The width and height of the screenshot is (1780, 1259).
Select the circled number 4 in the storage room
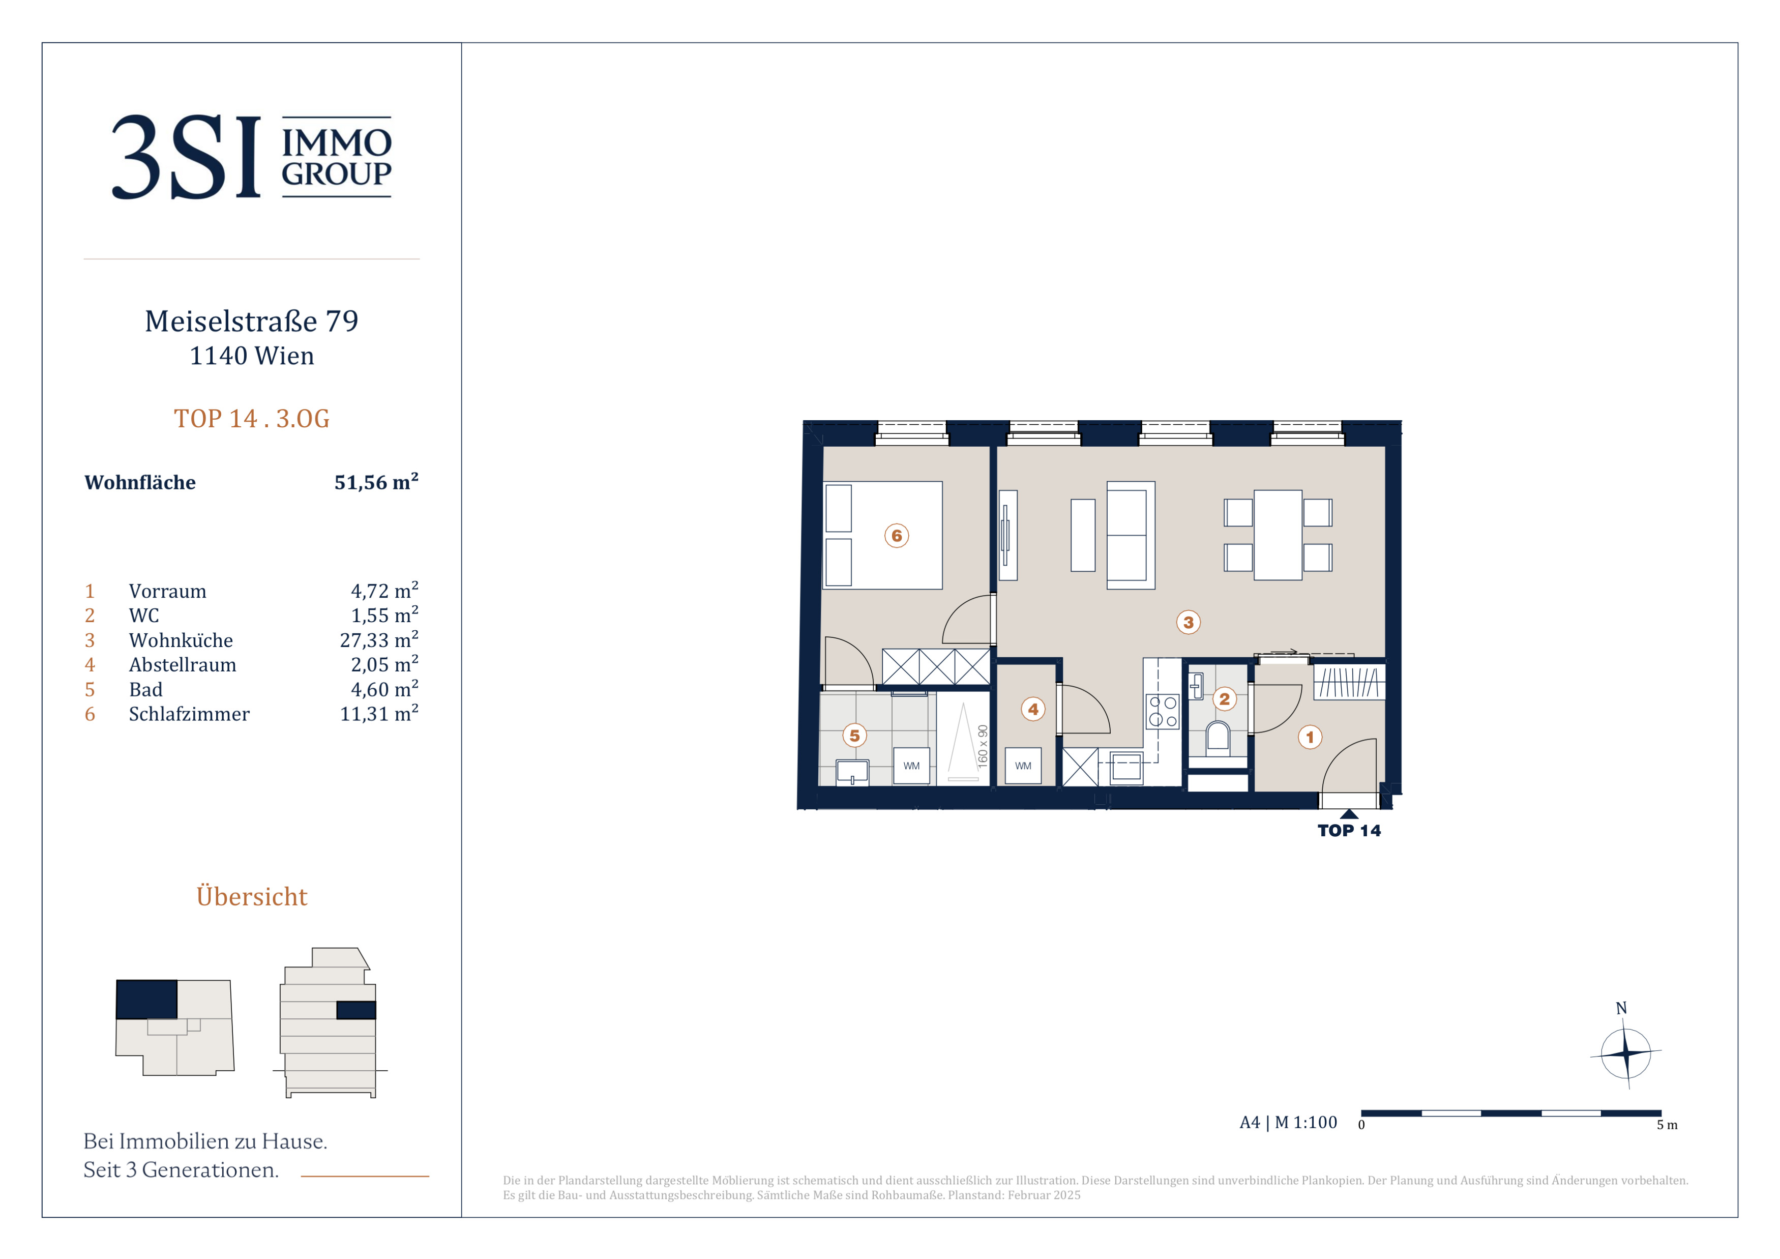click(x=1032, y=709)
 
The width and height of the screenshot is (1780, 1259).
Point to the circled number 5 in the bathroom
click(x=854, y=735)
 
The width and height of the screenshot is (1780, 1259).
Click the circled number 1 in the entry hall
click(x=1310, y=737)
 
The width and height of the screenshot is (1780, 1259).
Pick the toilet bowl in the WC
click(x=1218, y=737)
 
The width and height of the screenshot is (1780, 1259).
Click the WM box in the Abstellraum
click(x=1023, y=766)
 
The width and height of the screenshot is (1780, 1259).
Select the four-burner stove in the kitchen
click(x=1162, y=712)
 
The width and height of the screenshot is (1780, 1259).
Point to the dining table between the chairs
click(x=1278, y=535)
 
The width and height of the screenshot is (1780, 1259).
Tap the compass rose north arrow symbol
click(x=1626, y=1053)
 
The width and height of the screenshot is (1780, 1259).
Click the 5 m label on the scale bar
click(x=1667, y=1125)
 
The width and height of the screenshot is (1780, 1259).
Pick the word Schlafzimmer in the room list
click(x=189, y=714)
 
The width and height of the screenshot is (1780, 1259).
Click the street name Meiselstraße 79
click(x=252, y=321)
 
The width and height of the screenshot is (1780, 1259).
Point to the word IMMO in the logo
click(x=337, y=142)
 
